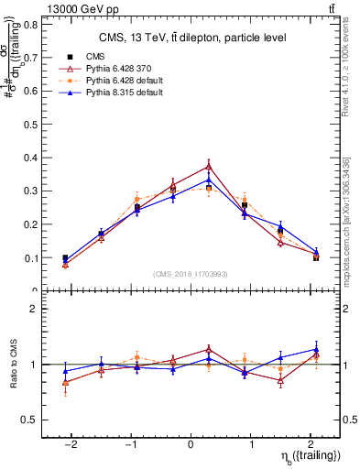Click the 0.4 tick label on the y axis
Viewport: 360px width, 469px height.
click(33, 158)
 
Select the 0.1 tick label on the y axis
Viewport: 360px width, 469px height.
click(33, 258)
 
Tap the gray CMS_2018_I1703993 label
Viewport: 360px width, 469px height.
click(191, 274)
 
